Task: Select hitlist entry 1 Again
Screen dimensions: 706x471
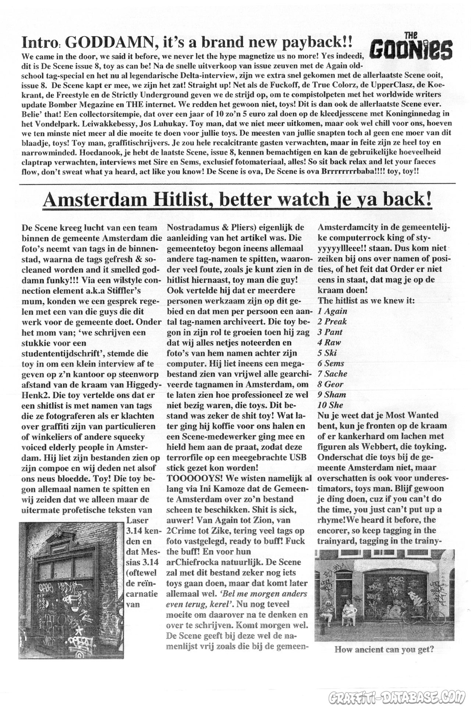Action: point(332,311)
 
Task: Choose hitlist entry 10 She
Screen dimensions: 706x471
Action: point(330,405)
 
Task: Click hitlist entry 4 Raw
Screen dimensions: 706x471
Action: point(329,342)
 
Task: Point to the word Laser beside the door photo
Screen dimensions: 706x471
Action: point(137,521)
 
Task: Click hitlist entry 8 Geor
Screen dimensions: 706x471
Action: point(330,384)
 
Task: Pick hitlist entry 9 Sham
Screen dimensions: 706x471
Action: point(332,395)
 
